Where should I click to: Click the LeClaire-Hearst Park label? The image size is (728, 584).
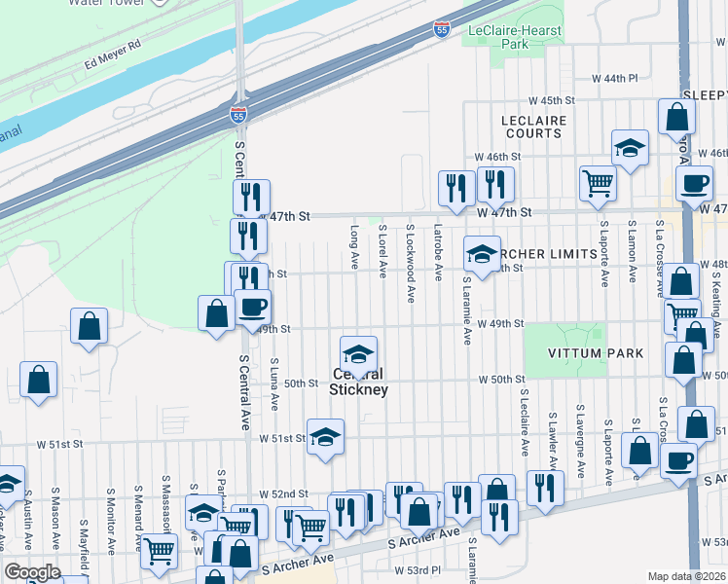(x=515, y=38)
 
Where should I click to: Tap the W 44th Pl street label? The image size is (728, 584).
(x=615, y=78)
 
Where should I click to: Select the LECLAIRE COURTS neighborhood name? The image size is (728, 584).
(x=547, y=127)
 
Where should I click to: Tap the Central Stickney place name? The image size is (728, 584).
(x=359, y=382)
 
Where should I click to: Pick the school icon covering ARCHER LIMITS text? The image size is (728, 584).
(x=480, y=255)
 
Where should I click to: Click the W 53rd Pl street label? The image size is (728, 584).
(x=418, y=569)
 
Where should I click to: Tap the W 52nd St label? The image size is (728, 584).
(x=283, y=494)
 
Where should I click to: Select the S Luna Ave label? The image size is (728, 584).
(x=274, y=383)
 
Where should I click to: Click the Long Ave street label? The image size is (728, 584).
(x=354, y=248)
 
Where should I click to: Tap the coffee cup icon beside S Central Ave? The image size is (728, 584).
(x=253, y=308)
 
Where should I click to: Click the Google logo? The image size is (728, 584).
(x=31, y=573)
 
